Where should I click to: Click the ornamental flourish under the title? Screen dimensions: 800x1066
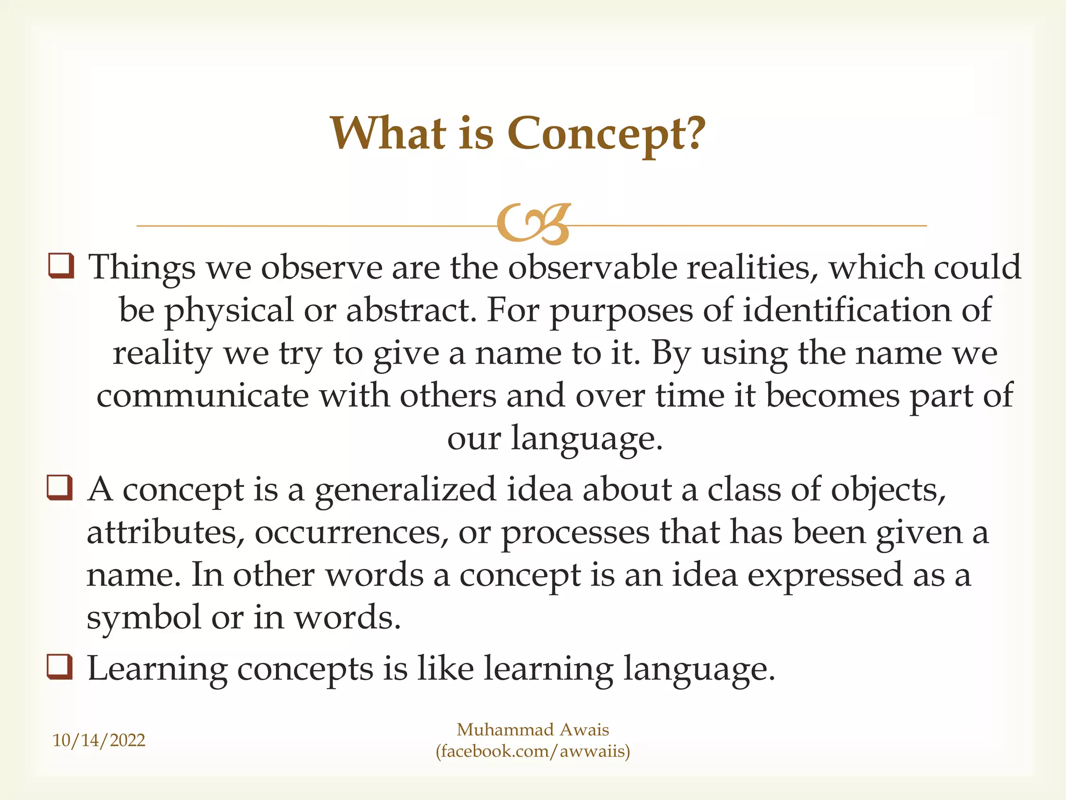click(x=534, y=224)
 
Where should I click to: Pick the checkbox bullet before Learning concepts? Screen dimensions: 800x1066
click(x=60, y=667)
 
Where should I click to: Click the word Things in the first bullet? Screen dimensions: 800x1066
click(x=142, y=268)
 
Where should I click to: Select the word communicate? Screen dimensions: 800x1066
click(x=202, y=396)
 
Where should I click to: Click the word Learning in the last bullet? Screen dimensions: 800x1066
click(x=157, y=669)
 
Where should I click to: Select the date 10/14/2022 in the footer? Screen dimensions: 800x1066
click(x=99, y=740)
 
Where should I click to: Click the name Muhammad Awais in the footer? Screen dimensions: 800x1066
click(x=532, y=730)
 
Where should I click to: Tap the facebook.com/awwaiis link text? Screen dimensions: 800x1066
click(x=533, y=751)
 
